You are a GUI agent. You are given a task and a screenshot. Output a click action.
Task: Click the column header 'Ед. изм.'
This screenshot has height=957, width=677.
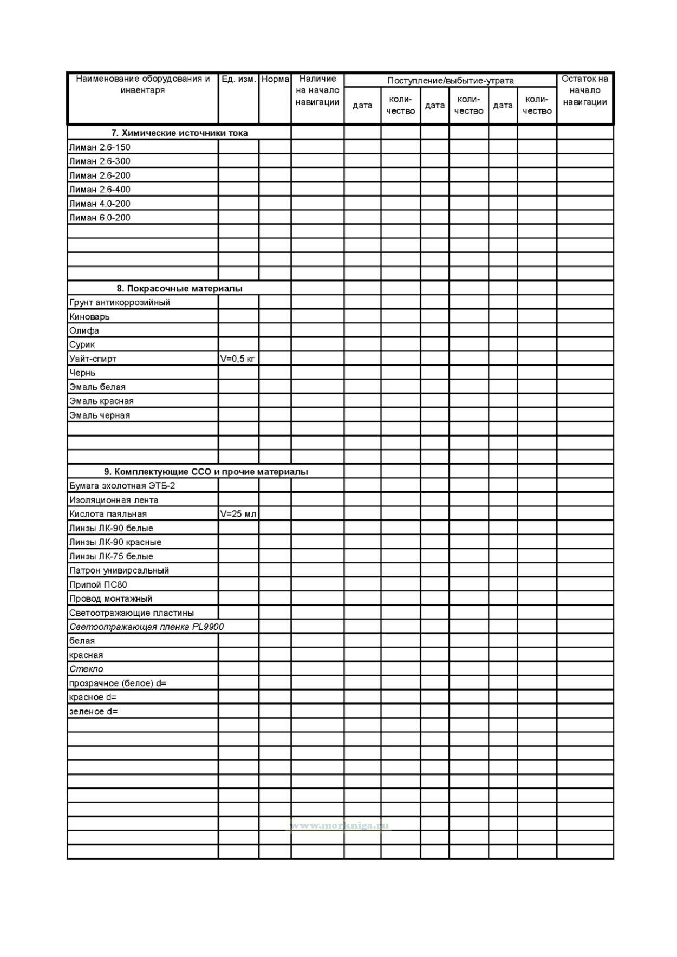click(x=238, y=79)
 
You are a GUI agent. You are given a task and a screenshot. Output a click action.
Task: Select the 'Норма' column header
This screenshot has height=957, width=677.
click(x=275, y=79)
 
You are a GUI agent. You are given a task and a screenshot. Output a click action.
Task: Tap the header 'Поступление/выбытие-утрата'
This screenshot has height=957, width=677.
click(x=450, y=81)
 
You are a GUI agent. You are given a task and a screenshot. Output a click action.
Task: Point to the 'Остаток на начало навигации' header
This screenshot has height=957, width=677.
click(x=584, y=90)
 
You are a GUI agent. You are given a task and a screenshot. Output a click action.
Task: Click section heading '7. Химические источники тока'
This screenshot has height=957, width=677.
click(x=179, y=133)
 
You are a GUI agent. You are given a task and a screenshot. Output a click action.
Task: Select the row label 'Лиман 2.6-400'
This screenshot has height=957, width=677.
click(x=100, y=190)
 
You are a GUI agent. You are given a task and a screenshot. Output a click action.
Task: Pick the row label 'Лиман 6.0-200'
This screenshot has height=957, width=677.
click(x=100, y=218)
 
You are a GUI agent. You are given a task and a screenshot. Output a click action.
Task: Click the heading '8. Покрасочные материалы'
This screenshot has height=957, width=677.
click(x=179, y=289)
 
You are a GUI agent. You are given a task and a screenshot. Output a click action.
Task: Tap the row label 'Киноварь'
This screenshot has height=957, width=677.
click(x=89, y=317)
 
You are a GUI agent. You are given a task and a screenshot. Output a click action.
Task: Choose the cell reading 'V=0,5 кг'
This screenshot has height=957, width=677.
click(x=238, y=359)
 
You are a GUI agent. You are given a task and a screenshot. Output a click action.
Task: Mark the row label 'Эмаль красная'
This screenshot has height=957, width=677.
click(x=101, y=401)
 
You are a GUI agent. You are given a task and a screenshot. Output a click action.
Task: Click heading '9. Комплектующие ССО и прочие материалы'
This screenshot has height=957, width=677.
click(x=206, y=472)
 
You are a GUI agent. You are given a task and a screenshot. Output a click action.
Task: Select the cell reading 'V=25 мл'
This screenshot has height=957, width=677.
click(x=238, y=514)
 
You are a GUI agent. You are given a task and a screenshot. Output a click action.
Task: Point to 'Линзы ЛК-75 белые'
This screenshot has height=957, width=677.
click(x=111, y=556)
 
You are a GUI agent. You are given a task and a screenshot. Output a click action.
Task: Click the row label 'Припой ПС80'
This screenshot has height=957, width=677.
click(x=98, y=584)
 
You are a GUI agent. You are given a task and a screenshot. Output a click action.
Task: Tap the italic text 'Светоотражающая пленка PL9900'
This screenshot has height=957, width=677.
click(x=146, y=627)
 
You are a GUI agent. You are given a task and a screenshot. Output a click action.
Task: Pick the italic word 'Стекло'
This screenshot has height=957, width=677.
click(x=86, y=669)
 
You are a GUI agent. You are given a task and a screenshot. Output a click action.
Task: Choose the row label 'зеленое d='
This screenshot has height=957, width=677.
click(x=93, y=712)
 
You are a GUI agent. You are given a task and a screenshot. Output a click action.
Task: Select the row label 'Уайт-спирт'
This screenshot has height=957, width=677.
click(x=93, y=359)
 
